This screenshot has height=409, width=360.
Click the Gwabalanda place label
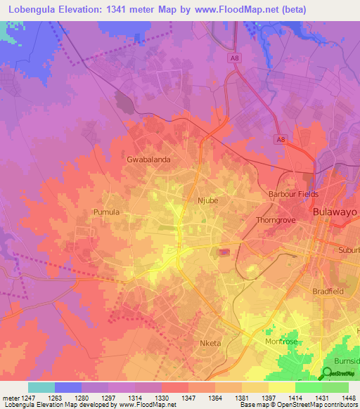[x=148, y=160]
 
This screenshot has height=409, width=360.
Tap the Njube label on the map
[x=210, y=200]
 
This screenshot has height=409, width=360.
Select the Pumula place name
[x=106, y=212]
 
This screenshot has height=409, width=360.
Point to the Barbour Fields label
[x=293, y=194]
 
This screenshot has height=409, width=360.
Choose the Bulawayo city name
[x=334, y=212]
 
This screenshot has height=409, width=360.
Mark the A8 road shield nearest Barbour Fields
[x=281, y=141]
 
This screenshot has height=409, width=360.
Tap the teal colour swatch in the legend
[x=41, y=387]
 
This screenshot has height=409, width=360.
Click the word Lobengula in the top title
[x=34, y=9]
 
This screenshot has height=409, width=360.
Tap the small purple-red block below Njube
[x=224, y=252]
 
